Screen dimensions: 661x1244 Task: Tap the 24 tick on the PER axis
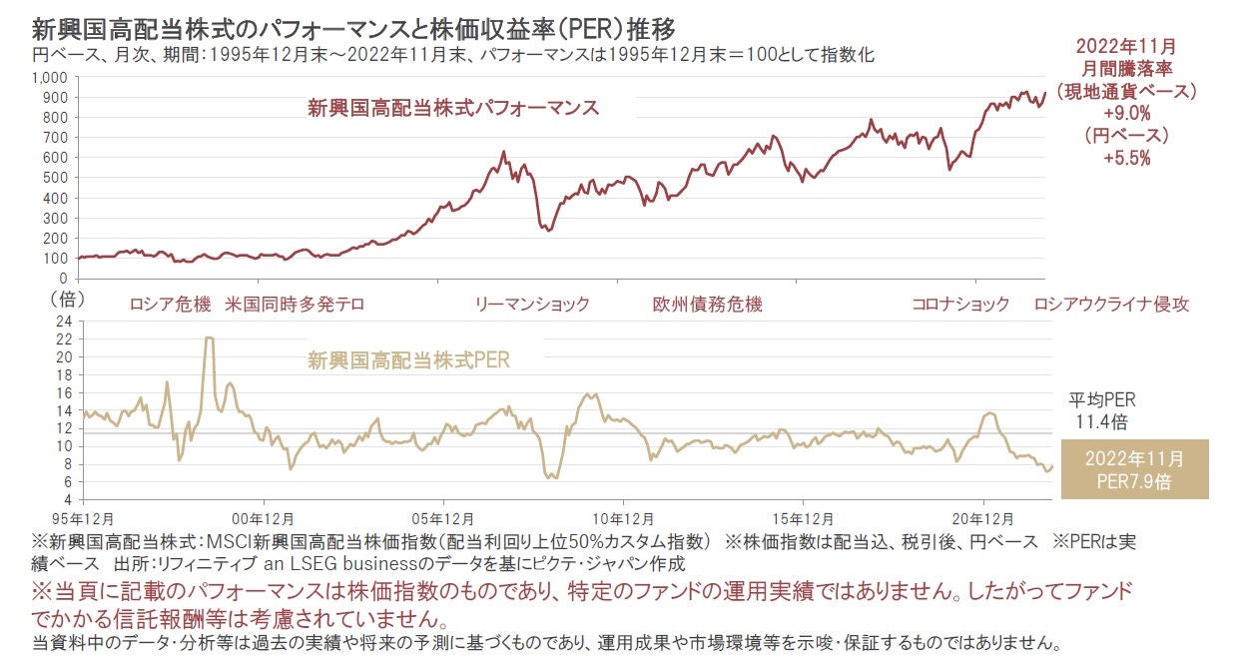(63, 322)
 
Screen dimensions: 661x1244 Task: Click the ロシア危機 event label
(171, 305)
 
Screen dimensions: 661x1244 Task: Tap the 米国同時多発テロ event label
(296, 305)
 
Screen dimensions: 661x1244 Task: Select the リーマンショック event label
(532, 305)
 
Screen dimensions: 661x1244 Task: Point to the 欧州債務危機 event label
(707, 305)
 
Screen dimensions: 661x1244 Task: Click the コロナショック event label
(960, 305)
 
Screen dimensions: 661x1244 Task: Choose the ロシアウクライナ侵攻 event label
(1112, 305)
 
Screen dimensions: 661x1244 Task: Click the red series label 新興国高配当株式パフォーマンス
(453, 108)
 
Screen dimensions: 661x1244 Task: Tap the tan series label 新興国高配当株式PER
(408, 360)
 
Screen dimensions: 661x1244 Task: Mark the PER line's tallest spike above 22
(209, 337)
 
